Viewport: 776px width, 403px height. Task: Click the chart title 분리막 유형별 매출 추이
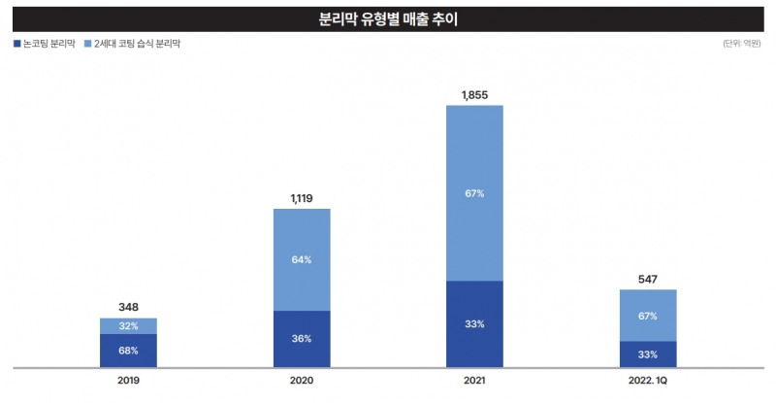388,18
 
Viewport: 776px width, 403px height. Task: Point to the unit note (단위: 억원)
741,45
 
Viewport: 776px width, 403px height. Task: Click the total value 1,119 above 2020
302,198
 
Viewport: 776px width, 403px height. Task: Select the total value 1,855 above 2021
474,94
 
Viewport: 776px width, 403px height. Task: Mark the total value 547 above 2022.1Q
647,280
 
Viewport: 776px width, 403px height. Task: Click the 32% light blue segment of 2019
128,326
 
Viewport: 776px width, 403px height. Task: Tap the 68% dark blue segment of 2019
128,351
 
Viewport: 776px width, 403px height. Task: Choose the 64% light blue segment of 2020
302,259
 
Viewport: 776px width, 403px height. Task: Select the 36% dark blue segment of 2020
302,339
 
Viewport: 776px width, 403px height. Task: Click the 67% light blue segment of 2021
474,193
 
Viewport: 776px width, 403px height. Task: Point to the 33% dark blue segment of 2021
474,324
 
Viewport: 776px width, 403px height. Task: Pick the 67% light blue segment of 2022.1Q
647,316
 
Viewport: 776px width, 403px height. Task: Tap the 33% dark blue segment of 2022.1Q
647,354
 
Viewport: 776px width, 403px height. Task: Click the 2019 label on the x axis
128,383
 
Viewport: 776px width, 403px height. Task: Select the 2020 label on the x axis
302,383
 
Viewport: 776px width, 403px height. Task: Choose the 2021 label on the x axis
474,383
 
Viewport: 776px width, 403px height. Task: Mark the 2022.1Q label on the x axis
647,383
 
